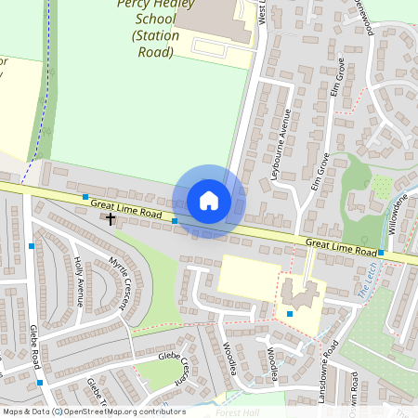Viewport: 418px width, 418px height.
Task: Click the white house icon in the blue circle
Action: point(209,201)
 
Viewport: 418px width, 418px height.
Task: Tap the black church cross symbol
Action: point(111,219)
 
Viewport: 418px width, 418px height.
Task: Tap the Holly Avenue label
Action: point(79,281)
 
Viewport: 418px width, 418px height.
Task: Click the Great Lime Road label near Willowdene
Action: point(341,248)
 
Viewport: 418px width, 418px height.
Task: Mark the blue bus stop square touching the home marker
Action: point(175,221)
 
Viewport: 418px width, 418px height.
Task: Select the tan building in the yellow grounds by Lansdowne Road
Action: point(298,295)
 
